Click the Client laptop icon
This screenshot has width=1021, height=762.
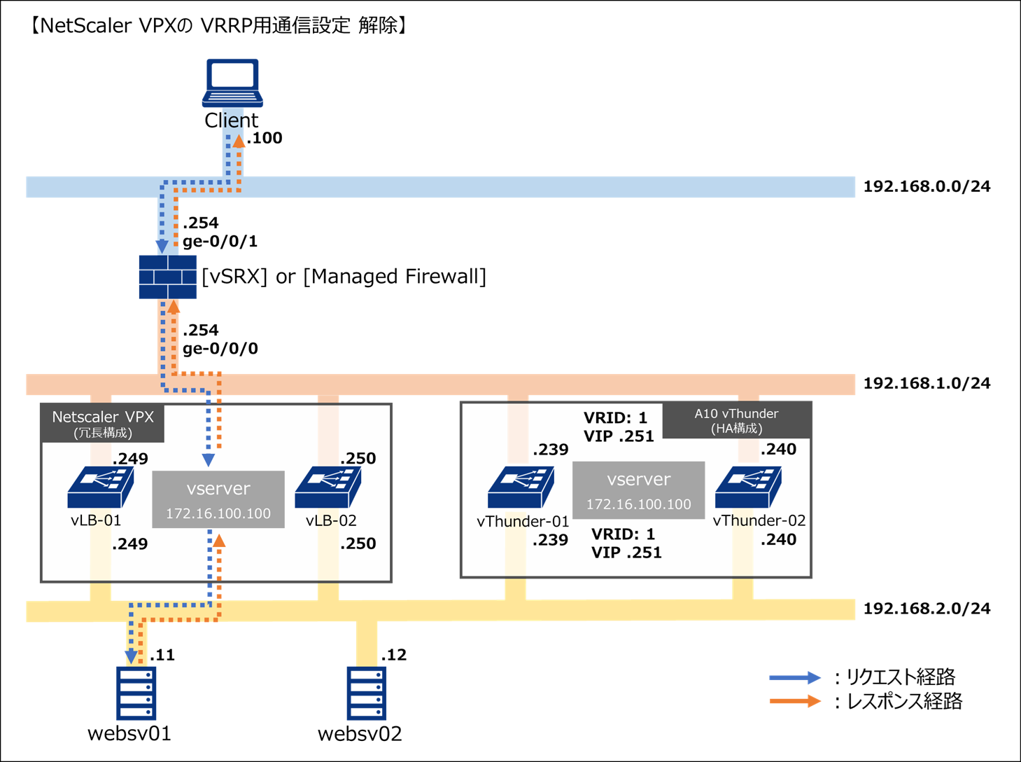233,83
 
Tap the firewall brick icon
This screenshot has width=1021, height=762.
167,277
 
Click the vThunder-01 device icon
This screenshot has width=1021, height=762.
521,487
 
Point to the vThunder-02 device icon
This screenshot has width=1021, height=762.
748,487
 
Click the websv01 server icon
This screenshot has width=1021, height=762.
136,693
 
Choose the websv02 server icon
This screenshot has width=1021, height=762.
367,693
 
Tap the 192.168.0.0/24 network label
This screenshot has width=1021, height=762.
927,186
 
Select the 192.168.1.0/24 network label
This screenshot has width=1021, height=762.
927,383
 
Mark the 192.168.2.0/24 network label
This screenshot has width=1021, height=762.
927,608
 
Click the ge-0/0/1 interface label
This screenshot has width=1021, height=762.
220,242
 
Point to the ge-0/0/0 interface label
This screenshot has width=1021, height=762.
220,348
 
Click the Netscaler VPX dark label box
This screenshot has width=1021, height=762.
103,423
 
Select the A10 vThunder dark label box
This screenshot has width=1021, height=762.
736,420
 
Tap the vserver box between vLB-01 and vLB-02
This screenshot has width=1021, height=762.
218,499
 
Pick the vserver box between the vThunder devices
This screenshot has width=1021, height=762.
638,490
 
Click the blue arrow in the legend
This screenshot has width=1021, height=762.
794,677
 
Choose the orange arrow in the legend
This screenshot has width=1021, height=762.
794,701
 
